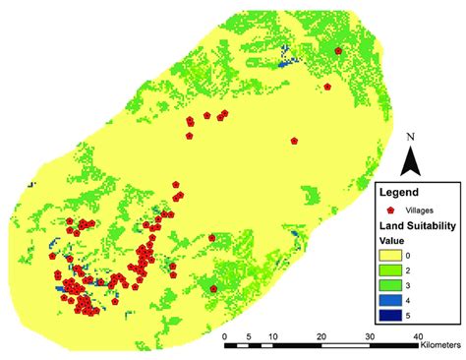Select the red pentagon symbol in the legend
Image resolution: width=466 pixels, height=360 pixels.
[391, 210]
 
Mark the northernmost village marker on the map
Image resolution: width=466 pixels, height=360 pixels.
[338, 50]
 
